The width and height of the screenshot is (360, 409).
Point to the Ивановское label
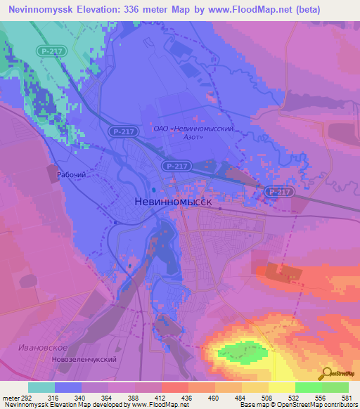pyautogui.click(x=44, y=349)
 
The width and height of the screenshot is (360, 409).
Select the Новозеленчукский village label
pyautogui.click(x=83, y=360)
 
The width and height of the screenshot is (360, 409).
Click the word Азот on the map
pyautogui.click(x=190, y=137)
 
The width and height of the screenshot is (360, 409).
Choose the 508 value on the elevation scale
pyautogui.click(x=255, y=398)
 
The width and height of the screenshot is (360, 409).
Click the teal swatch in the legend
pyautogui.click(x=41, y=387)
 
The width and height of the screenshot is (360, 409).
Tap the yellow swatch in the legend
pyautogui.click(x=282, y=387)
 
